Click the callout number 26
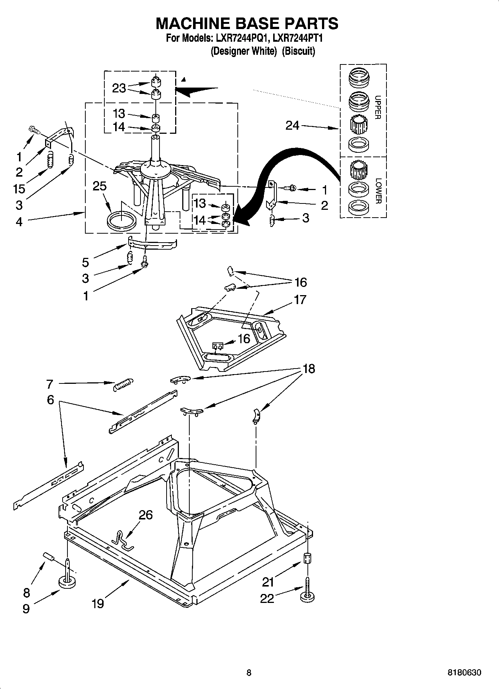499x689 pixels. click(x=146, y=515)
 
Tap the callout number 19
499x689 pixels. click(x=98, y=603)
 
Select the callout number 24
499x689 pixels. click(x=292, y=126)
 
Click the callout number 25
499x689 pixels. click(x=100, y=186)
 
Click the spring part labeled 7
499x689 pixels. click(x=123, y=384)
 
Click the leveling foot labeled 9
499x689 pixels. click(x=67, y=584)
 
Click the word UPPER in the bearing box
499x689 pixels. click(x=378, y=107)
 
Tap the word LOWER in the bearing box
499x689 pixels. click(x=378, y=191)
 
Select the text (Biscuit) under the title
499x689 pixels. click(x=298, y=51)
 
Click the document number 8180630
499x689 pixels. click(x=464, y=673)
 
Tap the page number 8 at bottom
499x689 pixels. click(x=249, y=673)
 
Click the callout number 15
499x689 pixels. click(x=19, y=189)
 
